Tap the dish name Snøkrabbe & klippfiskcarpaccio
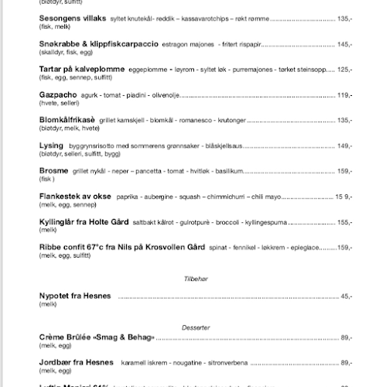pos(94,43)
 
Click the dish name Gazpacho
pos(57,94)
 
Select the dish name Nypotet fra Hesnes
pos(75,296)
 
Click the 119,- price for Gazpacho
pos(344,94)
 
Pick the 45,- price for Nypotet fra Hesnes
pos(346,296)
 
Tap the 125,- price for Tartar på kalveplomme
pos(344,70)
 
